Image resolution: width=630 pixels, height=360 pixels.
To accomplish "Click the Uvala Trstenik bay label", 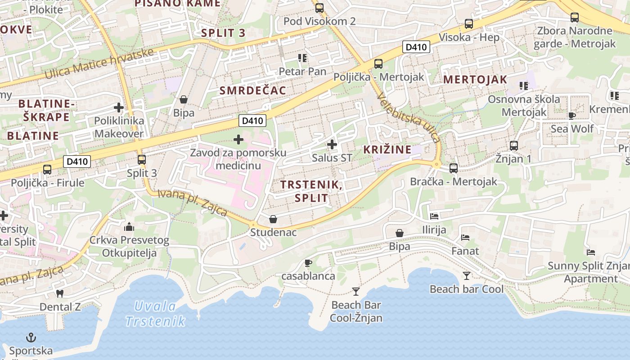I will click(x=155, y=314).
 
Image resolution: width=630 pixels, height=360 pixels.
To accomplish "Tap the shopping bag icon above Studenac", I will click(x=273, y=219).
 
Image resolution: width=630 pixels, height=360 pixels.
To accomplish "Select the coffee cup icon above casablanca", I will click(x=308, y=263).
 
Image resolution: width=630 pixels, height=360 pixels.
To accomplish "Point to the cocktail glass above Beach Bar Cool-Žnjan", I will click(x=356, y=292).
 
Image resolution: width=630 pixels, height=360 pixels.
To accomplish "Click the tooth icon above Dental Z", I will click(x=59, y=293).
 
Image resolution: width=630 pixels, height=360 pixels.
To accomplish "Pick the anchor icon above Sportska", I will click(x=31, y=337).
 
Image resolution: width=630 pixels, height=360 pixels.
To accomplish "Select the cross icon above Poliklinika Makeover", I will click(x=119, y=108).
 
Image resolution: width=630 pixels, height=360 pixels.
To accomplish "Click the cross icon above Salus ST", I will click(x=332, y=144).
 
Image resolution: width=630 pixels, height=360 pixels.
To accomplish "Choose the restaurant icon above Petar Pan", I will click(x=302, y=58).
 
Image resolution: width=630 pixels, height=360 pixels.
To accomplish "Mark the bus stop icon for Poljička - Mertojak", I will click(x=378, y=64).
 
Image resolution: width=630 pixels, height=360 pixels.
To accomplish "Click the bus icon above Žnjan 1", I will click(x=514, y=146).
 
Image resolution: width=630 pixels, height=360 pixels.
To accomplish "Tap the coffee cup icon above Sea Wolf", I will click(x=571, y=116).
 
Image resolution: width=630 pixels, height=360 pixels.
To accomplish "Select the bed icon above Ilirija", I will click(x=434, y=216).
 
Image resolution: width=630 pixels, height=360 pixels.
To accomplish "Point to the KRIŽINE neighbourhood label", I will click(x=387, y=149).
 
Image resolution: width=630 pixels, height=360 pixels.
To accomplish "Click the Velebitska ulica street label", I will click(x=409, y=117).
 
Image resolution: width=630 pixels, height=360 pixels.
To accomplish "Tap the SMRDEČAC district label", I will click(x=252, y=90).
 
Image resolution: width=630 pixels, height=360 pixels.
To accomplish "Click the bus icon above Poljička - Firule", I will click(x=47, y=170).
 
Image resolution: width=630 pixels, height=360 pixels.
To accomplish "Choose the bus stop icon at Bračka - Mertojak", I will click(x=454, y=168).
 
